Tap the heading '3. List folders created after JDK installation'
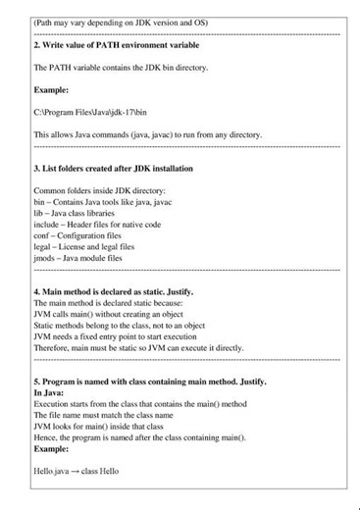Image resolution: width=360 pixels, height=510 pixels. [113, 168]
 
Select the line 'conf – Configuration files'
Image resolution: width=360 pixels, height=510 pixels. [79, 236]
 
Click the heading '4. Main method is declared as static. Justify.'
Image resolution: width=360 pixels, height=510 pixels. [114, 291]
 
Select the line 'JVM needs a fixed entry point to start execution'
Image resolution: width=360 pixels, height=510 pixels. [118, 335]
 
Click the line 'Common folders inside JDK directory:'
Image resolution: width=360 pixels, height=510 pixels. [100, 190]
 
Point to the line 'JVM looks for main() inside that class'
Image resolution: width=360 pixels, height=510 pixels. [97, 427]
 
